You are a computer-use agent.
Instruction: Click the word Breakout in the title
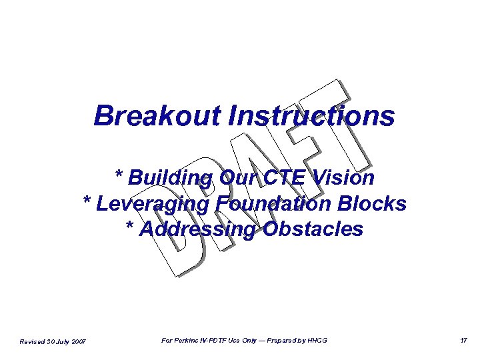pyautogui.click(x=157, y=115)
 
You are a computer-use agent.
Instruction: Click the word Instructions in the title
pyautogui.click(x=311, y=115)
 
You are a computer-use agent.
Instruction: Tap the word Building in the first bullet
pyautogui.click(x=170, y=178)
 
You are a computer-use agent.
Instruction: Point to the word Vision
pyautogui.click(x=345, y=178)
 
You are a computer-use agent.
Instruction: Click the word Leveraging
pyautogui.click(x=154, y=203)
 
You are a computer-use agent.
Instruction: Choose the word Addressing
pyautogui.click(x=199, y=229)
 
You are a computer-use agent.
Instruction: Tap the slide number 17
pyautogui.click(x=463, y=341)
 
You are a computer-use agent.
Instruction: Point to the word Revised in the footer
pyautogui.click(x=33, y=341)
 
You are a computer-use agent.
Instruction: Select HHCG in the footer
pyautogui.click(x=317, y=341)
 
